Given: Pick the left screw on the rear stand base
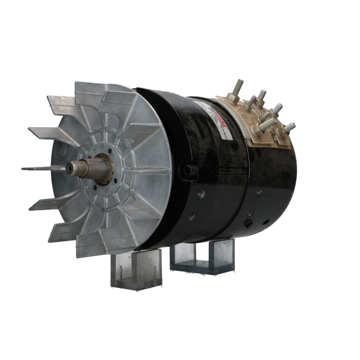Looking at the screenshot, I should tap(174, 265).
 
